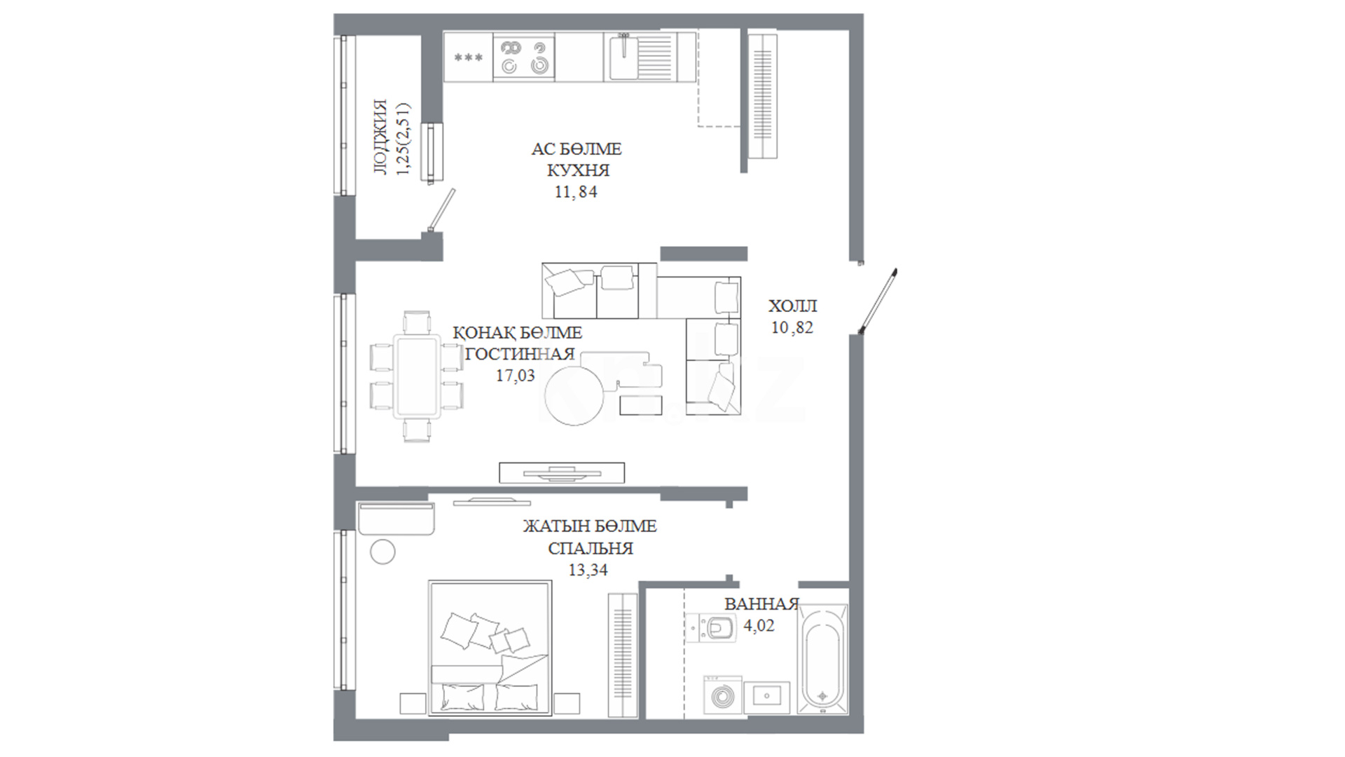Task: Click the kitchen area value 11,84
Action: [x=576, y=191]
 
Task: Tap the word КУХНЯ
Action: [x=578, y=170]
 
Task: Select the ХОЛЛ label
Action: [x=792, y=306]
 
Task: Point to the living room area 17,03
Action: [x=515, y=376]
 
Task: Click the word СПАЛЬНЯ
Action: [x=591, y=548]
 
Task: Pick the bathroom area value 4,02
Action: [x=759, y=625]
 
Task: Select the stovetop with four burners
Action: [x=524, y=57]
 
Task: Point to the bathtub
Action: [x=822, y=661]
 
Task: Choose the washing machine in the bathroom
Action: [x=722, y=695]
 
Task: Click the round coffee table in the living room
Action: [x=573, y=396]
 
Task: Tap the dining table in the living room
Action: [x=417, y=376]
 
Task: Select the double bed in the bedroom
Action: [x=490, y=647]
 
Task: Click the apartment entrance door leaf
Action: [x=878, y=301]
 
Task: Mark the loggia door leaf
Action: [x=442, y=210]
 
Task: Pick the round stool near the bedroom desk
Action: [x=382, y=552]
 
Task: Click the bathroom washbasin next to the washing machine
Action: [x=766, y=697]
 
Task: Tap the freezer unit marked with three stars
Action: [x=469, y=57]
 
